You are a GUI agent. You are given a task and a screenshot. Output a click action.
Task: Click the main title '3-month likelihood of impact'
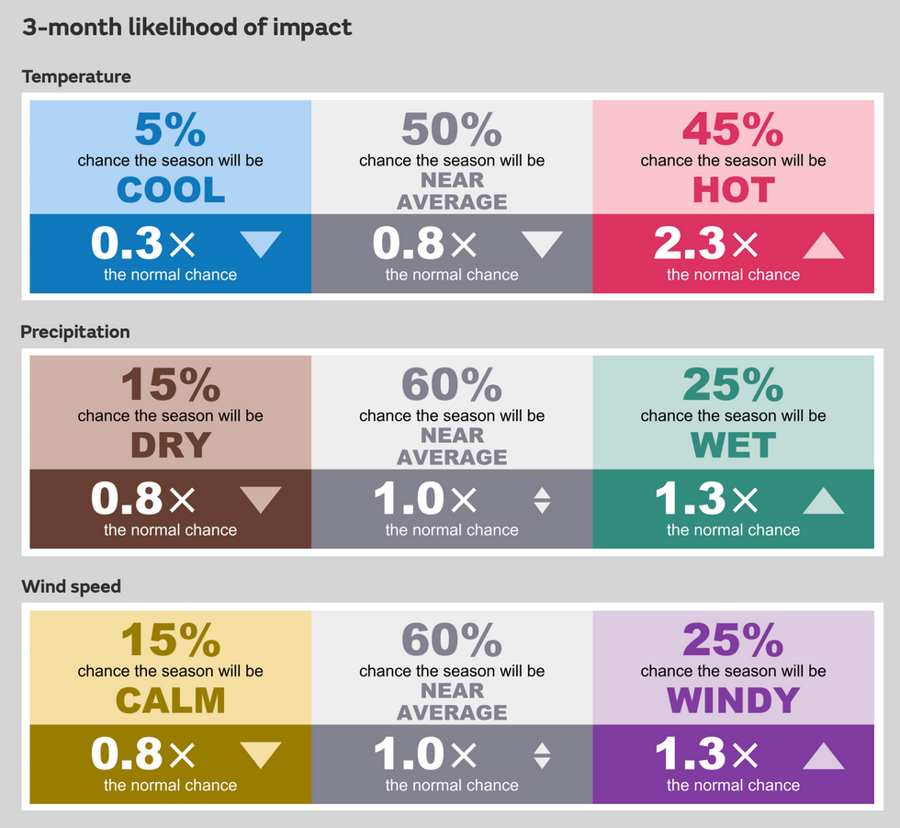(x=186, y=28)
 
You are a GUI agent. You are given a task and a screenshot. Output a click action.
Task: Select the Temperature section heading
(x=76, y=76)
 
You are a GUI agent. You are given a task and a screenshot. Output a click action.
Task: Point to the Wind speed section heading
(x=71, y=586)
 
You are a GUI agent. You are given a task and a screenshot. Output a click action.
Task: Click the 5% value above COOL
(x=170, y=130)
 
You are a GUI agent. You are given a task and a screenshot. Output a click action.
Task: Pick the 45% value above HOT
(x=733, y=130)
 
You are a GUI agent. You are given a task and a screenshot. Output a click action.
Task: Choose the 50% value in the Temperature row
(x=451, y=130)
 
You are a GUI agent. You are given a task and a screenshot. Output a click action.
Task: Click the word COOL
(x=171, y=190)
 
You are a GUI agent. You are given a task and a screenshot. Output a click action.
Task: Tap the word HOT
(x=733, y=190)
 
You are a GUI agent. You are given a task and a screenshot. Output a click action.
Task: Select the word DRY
(x=171, y=446)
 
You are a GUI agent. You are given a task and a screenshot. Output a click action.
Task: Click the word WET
(x=733, y=446)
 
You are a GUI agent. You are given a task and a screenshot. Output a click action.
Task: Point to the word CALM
(x=171, y=701)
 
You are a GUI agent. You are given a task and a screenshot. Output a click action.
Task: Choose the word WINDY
(x=733, y=701)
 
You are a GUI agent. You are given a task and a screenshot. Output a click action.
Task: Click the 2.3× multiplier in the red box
(x=705, y=244)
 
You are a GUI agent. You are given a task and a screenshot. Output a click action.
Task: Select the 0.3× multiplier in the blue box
(x=143, y=244)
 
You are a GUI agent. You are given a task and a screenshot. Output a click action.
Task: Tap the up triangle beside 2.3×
(x=823, y=245)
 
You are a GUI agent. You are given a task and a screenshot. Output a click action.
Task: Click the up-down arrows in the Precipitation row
(x=542, y=500)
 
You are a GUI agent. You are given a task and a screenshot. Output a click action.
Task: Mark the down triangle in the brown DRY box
(x=261, y=499)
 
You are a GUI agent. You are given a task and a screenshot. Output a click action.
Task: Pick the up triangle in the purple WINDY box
(x=823, y=755)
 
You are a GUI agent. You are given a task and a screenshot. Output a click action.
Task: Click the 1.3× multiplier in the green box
(x=705, y=500)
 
